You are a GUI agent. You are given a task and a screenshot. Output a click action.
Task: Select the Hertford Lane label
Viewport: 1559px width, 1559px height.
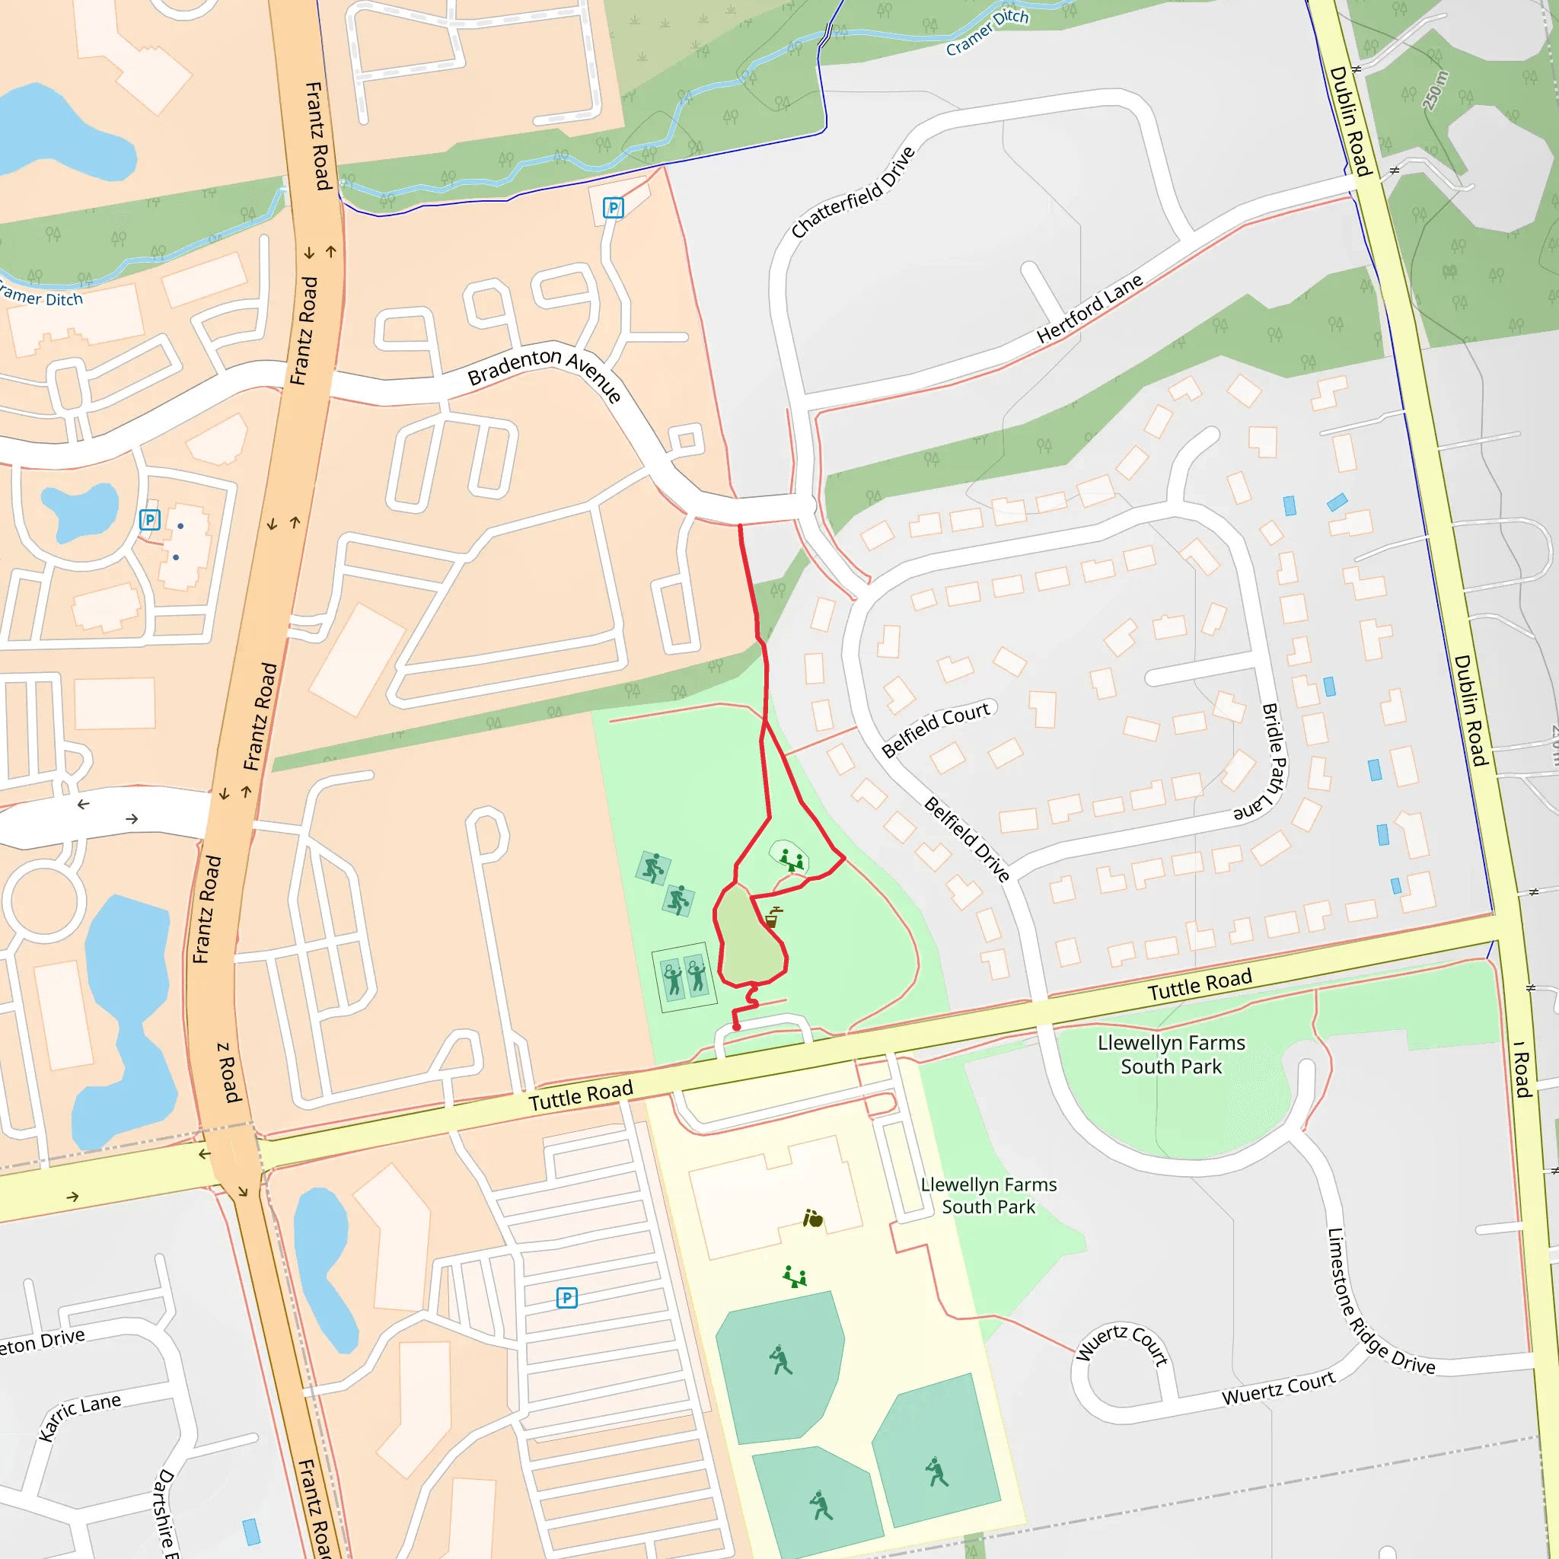coord(1089,308)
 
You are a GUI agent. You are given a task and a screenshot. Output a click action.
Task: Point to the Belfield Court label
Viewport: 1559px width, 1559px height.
coord(936,728)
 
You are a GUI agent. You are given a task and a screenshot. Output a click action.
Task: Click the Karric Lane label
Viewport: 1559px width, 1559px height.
coord(79,1416)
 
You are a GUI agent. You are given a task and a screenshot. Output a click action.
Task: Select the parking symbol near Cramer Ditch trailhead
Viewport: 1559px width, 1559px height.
coord(614,208)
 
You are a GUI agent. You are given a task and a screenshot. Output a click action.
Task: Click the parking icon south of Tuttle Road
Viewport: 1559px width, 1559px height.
coord(566,1298)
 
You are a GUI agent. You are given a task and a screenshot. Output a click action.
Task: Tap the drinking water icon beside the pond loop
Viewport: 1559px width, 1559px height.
coord(772,917)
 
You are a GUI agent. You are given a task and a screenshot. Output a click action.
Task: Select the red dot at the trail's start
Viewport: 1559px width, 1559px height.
coord(736,1026)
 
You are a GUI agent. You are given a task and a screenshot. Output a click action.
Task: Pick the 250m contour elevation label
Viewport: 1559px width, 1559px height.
coord(1436,91)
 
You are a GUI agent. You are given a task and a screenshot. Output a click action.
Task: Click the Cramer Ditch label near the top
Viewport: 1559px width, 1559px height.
coord(987,32)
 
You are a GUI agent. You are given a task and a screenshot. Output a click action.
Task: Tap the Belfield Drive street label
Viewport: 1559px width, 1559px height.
coord(966,839)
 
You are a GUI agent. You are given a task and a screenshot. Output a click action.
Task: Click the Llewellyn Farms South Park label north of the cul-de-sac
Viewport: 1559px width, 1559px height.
coord(1171,1054)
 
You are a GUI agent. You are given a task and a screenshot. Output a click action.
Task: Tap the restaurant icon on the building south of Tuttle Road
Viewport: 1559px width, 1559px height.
coord(812,1219)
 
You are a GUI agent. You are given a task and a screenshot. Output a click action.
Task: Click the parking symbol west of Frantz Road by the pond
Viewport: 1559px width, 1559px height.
coord(149,520)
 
